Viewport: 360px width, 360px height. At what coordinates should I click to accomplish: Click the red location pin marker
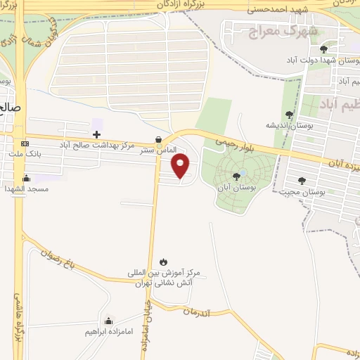tap(181, 166)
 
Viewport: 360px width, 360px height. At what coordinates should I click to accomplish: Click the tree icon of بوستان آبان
tap(236, 176)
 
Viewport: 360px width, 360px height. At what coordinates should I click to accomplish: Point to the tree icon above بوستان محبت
tap(302, 181)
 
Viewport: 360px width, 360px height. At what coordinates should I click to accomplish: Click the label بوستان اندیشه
tap(288, 125)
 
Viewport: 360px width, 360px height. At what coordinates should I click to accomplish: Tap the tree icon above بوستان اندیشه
tap(289, 115)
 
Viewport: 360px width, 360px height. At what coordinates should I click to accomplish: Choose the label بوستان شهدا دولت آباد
tap(327, 60)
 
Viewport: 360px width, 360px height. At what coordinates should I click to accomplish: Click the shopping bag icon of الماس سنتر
tap(158, 139)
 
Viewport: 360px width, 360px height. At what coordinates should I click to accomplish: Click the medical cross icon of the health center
tap(96, 134)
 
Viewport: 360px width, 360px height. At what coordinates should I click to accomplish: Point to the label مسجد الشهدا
tap(26, 188)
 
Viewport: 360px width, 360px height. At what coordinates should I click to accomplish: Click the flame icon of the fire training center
tap(164, 261)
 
